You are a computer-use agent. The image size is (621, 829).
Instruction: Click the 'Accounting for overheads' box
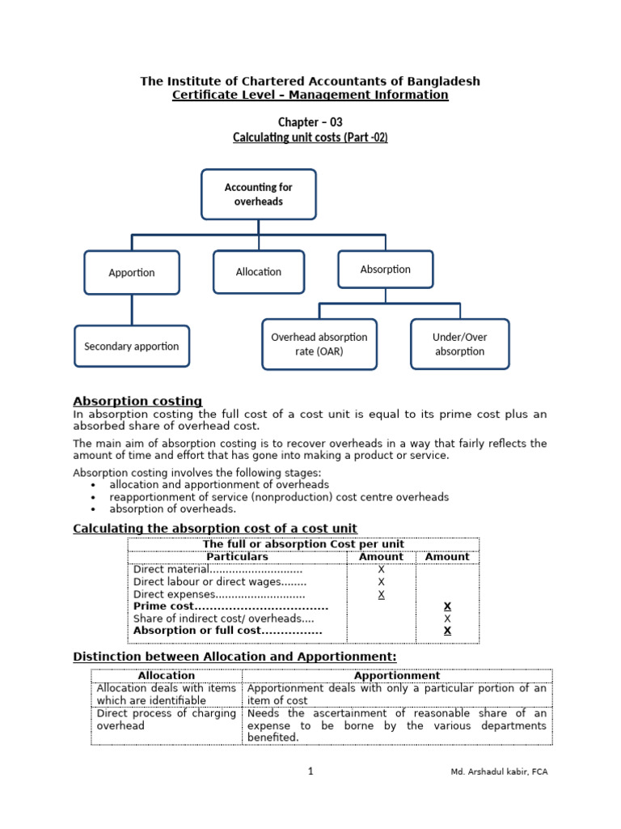point(258,194)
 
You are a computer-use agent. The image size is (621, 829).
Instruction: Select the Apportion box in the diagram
point(132,273)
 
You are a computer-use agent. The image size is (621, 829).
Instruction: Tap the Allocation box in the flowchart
point(259,272)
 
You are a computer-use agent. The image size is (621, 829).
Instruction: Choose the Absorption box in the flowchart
point(385,270)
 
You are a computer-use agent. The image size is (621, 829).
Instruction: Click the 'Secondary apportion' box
point(132,346)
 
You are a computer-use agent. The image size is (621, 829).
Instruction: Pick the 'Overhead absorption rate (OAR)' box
point(319,344)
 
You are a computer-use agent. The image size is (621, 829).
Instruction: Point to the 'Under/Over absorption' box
point(459,344)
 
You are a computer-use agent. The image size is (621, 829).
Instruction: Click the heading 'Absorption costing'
point(137,402)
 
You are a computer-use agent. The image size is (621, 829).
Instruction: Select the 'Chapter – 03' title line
point(310,122)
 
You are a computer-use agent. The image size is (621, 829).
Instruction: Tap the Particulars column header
point(237,557)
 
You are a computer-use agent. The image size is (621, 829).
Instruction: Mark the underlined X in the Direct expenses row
point(381,594)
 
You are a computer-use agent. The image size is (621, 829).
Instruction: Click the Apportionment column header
point(396,675)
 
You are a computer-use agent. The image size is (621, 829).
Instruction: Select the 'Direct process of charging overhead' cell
point(166,720)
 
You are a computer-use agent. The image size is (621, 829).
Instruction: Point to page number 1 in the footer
point(310,772)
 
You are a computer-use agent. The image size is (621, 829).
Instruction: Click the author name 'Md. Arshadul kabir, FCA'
point(499,772)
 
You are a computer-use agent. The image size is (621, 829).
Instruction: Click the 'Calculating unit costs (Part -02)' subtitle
point(310,138)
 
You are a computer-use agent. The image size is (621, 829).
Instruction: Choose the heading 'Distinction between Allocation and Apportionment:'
point(234,656)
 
